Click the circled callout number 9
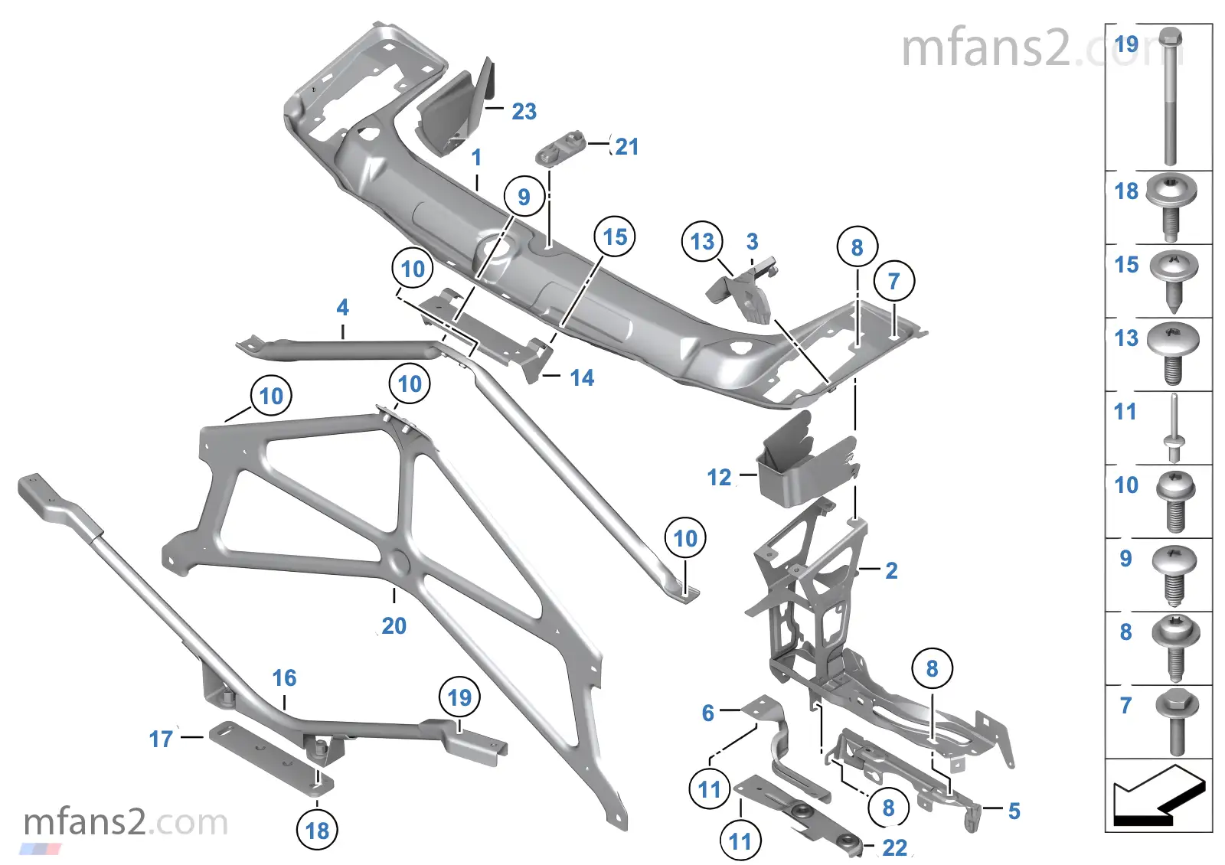coord(524,196)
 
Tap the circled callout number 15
coord(615,237)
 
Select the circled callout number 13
coord(702,241)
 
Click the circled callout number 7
coord(893,281)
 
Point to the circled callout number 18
coord(317,831)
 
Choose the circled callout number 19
coord(459,697)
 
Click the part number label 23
coord(524,112)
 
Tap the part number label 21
coord(627,146)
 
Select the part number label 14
coord(582,378)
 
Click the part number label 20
coord(394,625)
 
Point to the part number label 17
coord(161,739)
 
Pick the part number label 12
coord(719,478)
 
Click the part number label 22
coord(895,847)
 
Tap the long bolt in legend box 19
coord(1170,96)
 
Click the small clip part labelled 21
coord(560,146)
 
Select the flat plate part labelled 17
coord(271,757)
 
